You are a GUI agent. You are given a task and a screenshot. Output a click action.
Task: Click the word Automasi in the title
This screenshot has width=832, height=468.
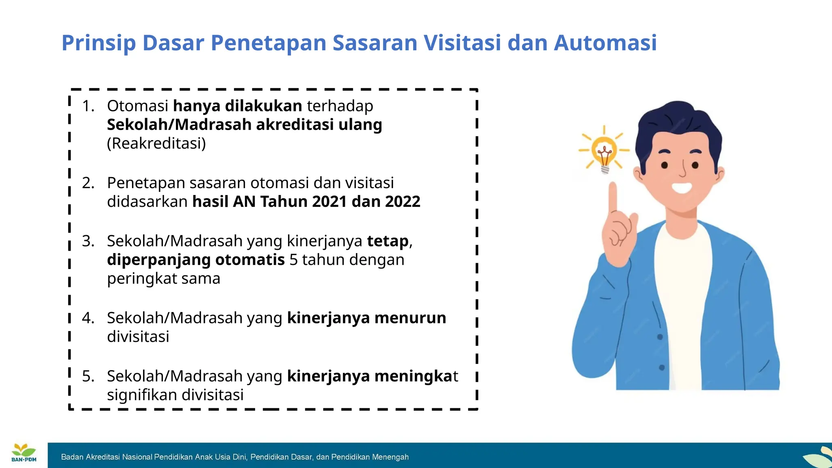605,43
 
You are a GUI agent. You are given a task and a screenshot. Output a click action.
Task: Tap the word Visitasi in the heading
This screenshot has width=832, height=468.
462,43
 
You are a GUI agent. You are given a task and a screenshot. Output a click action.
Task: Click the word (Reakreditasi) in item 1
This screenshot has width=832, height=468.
156,143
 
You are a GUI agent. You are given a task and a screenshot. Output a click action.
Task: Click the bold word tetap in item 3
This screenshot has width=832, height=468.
388,241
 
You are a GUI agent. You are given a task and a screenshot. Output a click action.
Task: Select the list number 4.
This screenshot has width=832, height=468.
88,318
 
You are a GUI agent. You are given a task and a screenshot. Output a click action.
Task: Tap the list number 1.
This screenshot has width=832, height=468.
88,106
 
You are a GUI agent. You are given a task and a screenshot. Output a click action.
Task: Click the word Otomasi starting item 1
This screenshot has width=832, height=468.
137,106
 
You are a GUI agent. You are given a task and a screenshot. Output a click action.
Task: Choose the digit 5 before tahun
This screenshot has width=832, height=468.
293,260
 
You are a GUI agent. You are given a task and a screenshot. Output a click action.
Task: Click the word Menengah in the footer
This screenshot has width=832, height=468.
390,457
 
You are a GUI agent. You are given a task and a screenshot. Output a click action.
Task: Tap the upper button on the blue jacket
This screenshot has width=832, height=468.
660,337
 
